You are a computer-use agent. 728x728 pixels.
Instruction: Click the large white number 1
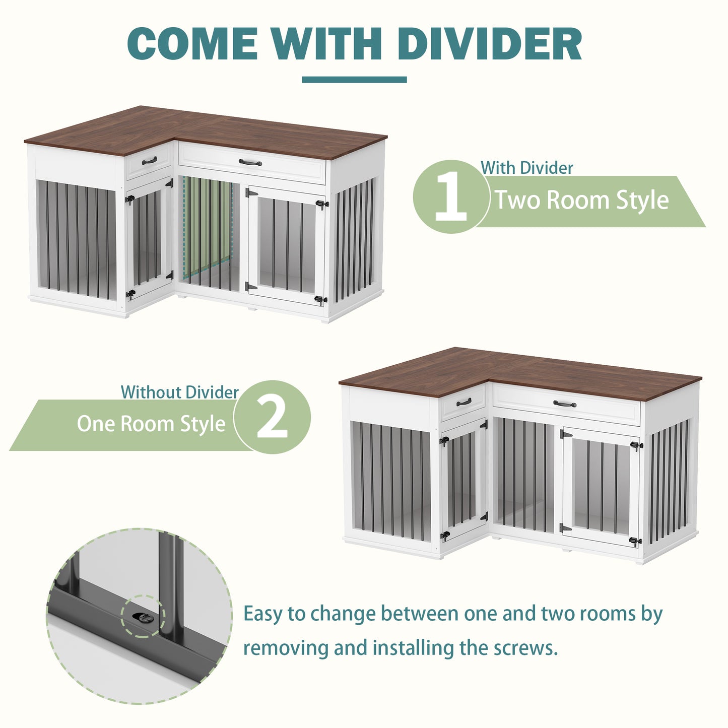pos(451,197)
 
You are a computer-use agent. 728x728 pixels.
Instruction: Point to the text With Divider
pos(526,168)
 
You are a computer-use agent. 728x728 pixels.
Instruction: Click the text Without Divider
pos(180,392)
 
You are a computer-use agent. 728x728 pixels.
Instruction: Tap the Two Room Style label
pos(582,200)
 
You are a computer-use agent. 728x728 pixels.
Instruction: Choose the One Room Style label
pos(151,424)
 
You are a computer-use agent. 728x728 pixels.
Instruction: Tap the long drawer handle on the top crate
pos(250,163)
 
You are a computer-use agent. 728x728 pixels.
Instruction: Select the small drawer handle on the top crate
pos(149,161)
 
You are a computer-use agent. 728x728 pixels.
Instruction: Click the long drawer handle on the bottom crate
pos(565,404)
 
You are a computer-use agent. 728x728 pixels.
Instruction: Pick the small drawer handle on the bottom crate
pos(464,402)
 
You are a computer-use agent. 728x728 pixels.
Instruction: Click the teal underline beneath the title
pos(354,79)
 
